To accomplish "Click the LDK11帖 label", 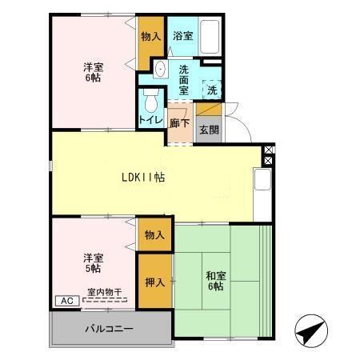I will click(x=143, y=177).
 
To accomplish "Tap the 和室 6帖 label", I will click(x=216, y=282).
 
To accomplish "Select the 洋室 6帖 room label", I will click(x=94, y=74).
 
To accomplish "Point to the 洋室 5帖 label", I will click(x=93, y=263).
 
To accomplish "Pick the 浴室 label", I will click(x=182, y=36).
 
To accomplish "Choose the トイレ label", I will click(x=150, y=119).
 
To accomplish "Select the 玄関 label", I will click(x=207, y=130).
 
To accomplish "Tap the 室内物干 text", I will click(x=104, y=294).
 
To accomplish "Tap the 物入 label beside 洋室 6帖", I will click(x=150, y=37).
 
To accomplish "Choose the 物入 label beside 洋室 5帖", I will click(x=155, y=235).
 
